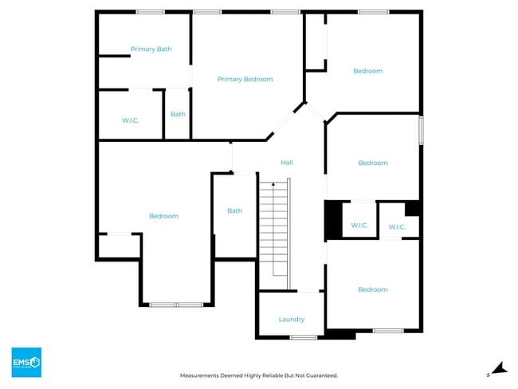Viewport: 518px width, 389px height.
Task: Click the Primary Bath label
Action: [151, 49]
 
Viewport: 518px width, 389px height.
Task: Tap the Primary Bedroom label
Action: [245, 79]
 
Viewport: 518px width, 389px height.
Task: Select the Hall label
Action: [287, 163]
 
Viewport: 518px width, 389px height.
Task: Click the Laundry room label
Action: [291, 320]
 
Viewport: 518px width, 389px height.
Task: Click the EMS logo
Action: [26, 363]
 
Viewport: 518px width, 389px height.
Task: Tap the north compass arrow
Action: [498, 368]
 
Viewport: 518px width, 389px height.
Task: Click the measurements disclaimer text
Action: [259, 375]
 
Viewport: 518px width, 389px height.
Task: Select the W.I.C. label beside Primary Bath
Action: [131, 120]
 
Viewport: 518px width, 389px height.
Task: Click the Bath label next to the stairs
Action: [234, 211]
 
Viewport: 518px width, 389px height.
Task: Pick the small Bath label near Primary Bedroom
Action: [178, 114]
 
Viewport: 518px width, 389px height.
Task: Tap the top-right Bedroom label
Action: [367, 71]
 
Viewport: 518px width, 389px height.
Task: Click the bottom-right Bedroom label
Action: [372, 289]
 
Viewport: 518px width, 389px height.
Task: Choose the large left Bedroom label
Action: [163, 216]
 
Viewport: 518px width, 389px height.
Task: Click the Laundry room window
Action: [303, 337]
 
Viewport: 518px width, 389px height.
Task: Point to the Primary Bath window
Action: [150, 12]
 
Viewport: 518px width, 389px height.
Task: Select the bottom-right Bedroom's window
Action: [388, 331]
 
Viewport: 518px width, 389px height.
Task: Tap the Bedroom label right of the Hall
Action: [372, 163]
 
